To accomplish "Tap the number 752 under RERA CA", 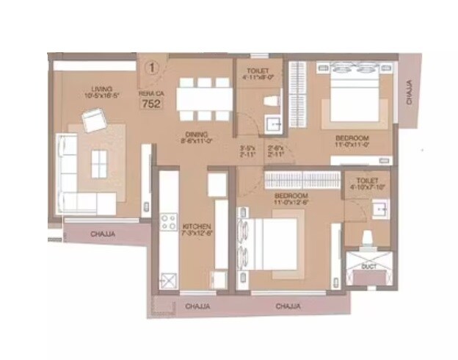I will pos(150,104).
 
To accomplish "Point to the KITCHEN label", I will pos(197,226).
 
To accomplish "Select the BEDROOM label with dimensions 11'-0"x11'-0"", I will pos(352,138).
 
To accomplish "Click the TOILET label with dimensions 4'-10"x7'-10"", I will pos(367,180).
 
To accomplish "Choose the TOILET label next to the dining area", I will pos(257,70).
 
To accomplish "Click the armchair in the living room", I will pos(94,119).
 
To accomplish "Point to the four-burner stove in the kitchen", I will pos(167,222).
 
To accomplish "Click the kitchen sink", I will pos(168,278).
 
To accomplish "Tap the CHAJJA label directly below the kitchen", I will pos(198,305).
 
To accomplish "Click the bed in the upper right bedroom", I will pos(351,92).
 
